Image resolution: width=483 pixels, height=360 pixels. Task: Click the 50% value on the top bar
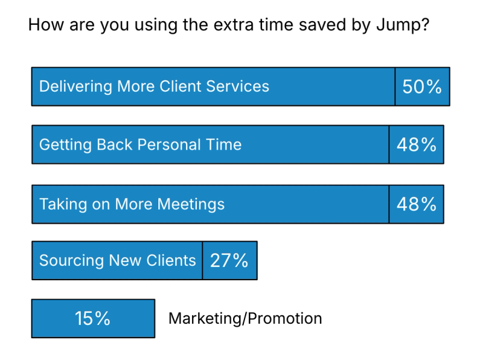coord(422,86)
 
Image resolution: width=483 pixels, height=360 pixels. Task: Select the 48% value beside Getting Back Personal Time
coord(417,144)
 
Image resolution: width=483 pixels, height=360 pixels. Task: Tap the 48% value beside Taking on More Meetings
coord(417,204)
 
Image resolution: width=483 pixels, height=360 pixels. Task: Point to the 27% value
coord(229,261)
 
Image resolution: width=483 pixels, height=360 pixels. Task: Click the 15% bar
coord(93,318)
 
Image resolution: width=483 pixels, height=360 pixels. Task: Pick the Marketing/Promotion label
coord(245,318)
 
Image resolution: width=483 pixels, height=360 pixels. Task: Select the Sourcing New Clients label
coord(118,261)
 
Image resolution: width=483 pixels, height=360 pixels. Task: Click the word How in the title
coord(46,25)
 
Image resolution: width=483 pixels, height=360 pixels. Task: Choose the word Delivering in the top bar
coord(75,86)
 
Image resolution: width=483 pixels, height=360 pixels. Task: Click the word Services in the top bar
coord(237,86)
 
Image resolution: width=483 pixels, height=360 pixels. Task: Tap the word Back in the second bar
coord(115,144)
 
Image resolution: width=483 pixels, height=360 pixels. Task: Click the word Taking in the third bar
coord(63,204)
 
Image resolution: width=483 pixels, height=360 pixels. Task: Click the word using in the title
coord(156,25)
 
